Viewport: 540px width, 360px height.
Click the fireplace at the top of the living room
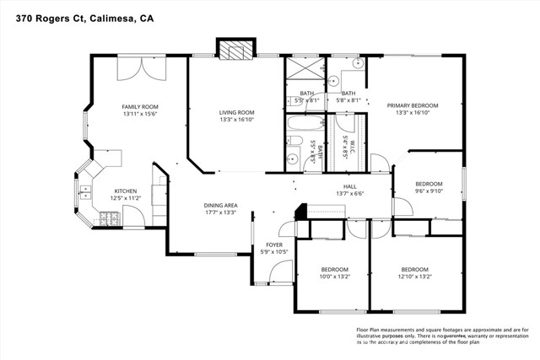click(x=235, y=50)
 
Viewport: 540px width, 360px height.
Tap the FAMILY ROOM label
click(x=140, y=107)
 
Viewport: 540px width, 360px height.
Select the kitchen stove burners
click(x=110, y=218)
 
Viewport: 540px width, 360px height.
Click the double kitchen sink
click(x=86, y=196)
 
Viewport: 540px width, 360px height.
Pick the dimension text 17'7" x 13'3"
click(x=219, y=212)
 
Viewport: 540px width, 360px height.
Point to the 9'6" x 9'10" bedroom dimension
click(x=429, y=191)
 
